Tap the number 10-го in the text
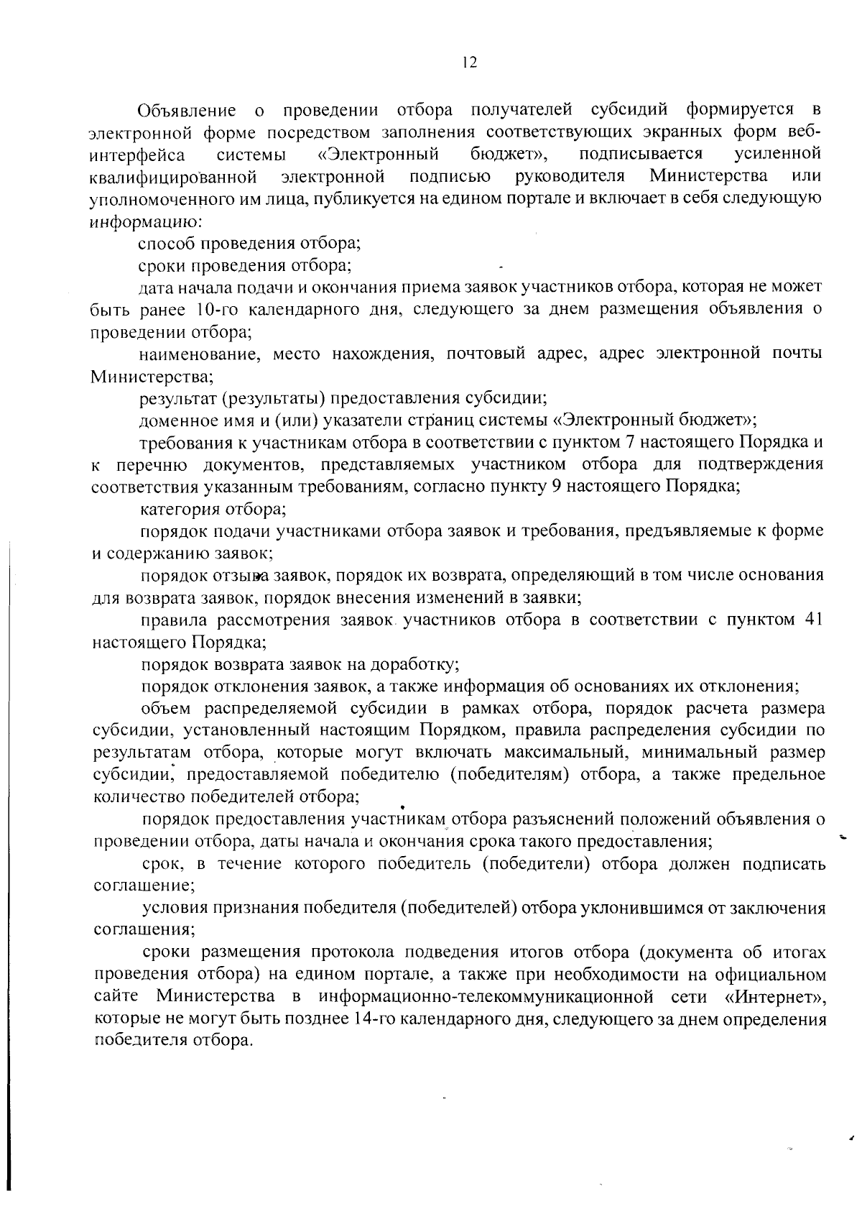(212, 310)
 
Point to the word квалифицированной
(173, 177)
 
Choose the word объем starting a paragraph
(167, 709)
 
